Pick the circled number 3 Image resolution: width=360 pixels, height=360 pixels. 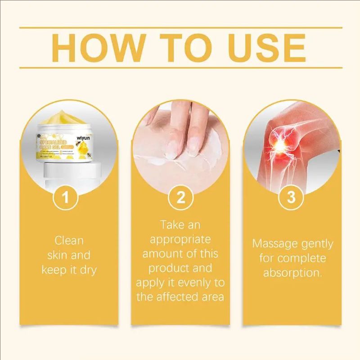(x=292, y=198)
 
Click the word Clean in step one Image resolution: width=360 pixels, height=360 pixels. (x=69, y=240)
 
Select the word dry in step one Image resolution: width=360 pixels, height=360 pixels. (x=88, y=270)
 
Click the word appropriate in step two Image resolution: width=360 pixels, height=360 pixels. (x=180, y=238)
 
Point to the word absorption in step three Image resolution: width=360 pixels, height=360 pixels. (x=292, y=273)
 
